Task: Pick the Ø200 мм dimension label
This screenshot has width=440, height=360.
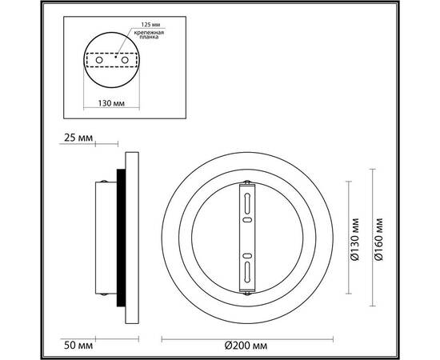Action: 245,345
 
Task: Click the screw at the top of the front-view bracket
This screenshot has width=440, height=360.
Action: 248,185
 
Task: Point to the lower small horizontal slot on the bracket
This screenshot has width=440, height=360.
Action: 248,256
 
